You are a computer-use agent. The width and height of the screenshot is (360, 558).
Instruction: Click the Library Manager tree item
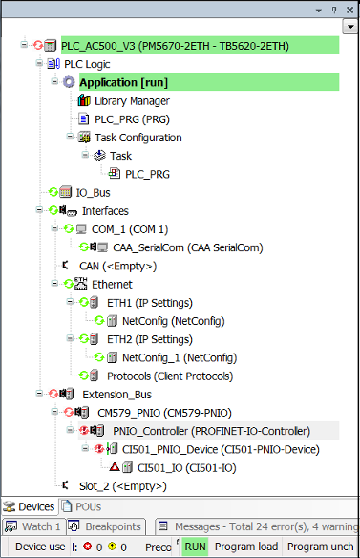click(x=132, y=101)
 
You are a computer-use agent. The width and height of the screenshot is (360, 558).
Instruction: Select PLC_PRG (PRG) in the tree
click(x=132, y=119)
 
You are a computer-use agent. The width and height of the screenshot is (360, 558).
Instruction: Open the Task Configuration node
click(x=138, y=138)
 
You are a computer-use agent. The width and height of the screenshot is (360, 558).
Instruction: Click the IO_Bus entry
click(x=93, y=192)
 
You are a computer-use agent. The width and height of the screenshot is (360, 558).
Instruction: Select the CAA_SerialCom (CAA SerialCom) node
click(x=188, y=247)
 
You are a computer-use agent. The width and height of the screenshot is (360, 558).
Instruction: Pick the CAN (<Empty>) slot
click(x=117, y=266)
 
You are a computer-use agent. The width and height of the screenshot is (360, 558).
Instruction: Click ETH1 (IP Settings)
click(x=150, y=303)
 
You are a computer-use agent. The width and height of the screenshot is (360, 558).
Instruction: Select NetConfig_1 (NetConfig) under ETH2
click(x=180, y=357)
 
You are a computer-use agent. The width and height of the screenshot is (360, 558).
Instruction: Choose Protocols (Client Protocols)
click(x=170, y=376)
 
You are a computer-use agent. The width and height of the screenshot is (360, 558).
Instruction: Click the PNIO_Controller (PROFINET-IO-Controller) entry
click(x=212, y=431)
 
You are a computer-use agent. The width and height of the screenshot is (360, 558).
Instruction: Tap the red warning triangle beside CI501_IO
click(x=115, y=466)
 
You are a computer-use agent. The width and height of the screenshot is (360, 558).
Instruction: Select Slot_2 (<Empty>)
click(x=123, y=486)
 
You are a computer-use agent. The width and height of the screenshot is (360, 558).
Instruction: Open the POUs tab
click(x=81, y=506)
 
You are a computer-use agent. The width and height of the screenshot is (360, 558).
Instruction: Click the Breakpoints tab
click(x=106, y=526)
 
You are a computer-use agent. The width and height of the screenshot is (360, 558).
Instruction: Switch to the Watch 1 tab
click(x=33, y=526)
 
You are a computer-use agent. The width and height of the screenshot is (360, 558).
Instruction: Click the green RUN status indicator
click(x=196, y=547)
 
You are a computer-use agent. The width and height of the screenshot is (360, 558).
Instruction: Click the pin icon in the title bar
click(x=334, y=10)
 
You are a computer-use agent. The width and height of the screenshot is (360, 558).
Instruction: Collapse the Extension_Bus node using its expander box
click(x=39, y=394)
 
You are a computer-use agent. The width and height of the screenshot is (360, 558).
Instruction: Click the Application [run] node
click(x=123, y=82)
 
